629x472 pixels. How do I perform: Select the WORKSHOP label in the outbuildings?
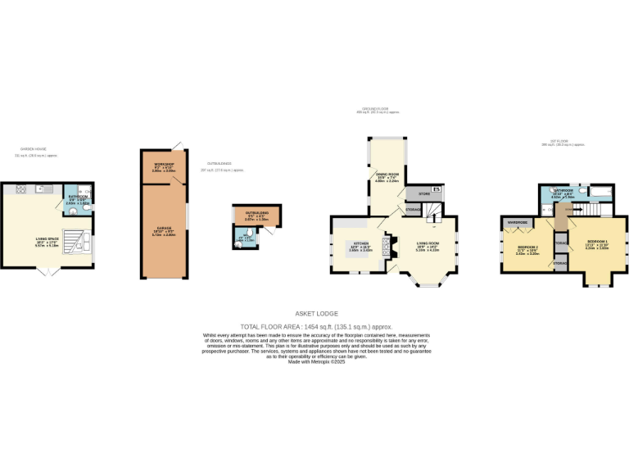(x=164, y=166)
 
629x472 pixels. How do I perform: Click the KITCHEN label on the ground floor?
(x=361, y=244)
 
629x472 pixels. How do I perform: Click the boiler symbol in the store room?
(x=437, y=190)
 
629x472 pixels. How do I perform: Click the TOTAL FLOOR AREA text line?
(x=314, y=326)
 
